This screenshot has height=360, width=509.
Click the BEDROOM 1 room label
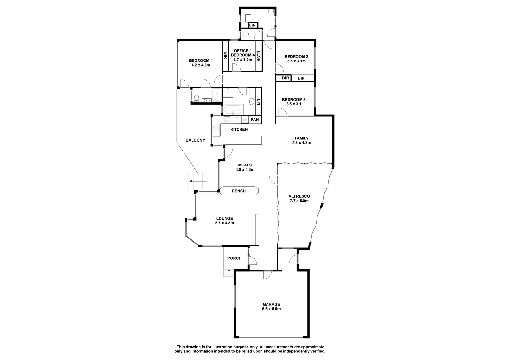click(201, 60)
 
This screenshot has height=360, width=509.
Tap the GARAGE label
click(271, 304)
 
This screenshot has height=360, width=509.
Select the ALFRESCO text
click(299, 196)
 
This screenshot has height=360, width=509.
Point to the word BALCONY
click(195, 140)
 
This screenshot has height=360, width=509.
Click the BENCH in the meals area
click(239, 191)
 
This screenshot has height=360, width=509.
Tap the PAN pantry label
click(255, 120)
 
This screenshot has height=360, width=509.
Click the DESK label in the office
click(259, 56)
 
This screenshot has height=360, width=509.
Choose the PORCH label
click(234, 258)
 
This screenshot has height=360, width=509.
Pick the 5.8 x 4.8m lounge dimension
click(225, 223)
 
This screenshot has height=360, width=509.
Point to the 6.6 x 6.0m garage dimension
click(271, 309)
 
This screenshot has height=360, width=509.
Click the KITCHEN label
click(239, 130)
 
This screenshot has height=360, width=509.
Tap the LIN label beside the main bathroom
click(258, 102)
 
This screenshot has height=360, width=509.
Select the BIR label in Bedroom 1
click(226, 55)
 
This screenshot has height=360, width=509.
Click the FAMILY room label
click(302, 138)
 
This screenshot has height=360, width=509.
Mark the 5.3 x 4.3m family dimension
click(302, 143)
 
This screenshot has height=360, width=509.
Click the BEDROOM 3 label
click(294, 100)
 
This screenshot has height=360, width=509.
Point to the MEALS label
click(245, 165)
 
